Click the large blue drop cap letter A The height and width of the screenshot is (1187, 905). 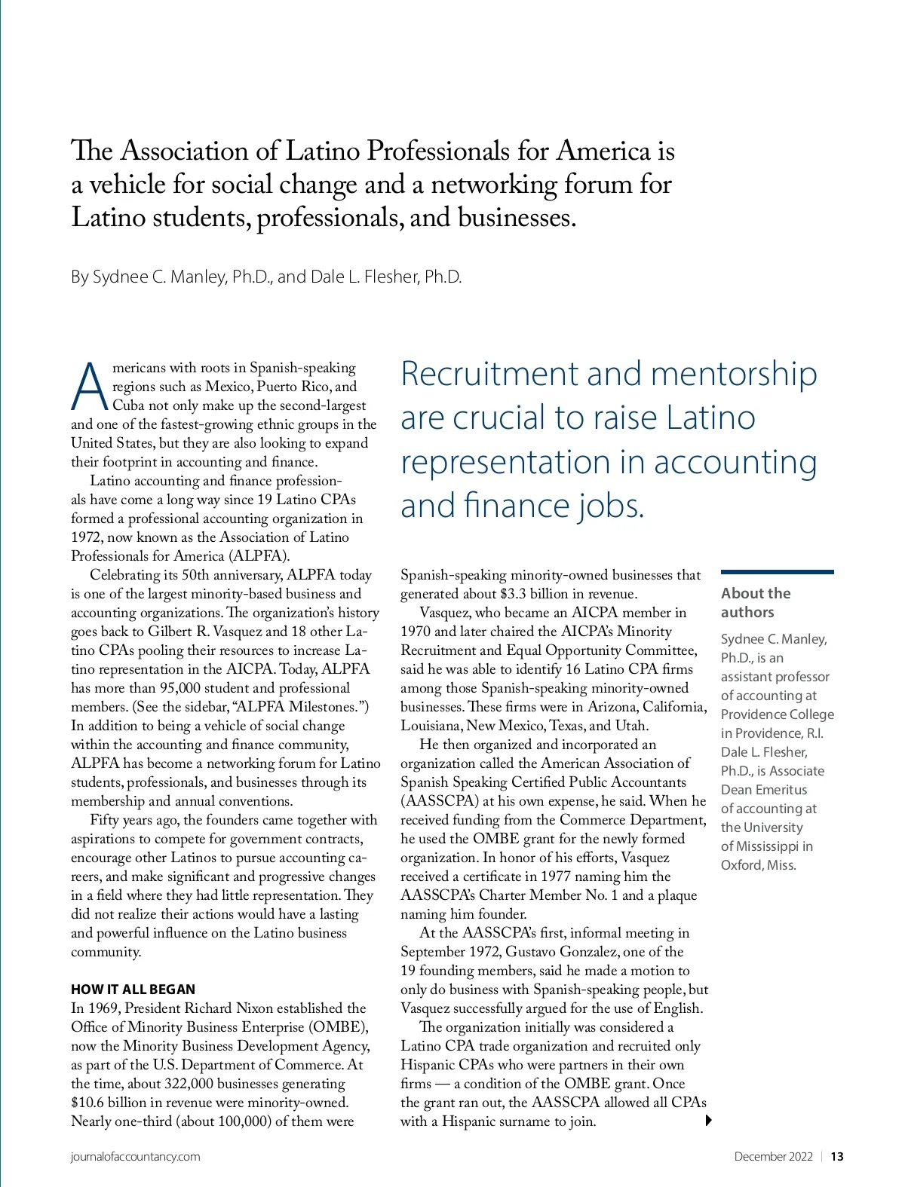(x=90, y=388)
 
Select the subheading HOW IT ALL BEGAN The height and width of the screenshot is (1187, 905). (x=133, y=990)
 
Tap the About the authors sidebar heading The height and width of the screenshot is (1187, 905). (x=755, y=602)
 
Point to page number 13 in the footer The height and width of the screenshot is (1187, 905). (x=837, y=1157)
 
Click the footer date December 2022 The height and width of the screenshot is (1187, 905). (x=773, y=1157)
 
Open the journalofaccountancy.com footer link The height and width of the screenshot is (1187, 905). (x=135, y=1157)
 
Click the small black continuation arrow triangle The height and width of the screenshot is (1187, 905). (x=708, y=1120)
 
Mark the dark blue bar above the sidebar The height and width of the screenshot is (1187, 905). (x=777, y=572)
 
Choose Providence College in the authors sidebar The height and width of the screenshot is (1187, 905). (x=777, y=714)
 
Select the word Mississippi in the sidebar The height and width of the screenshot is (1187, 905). (x=766, y=846)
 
